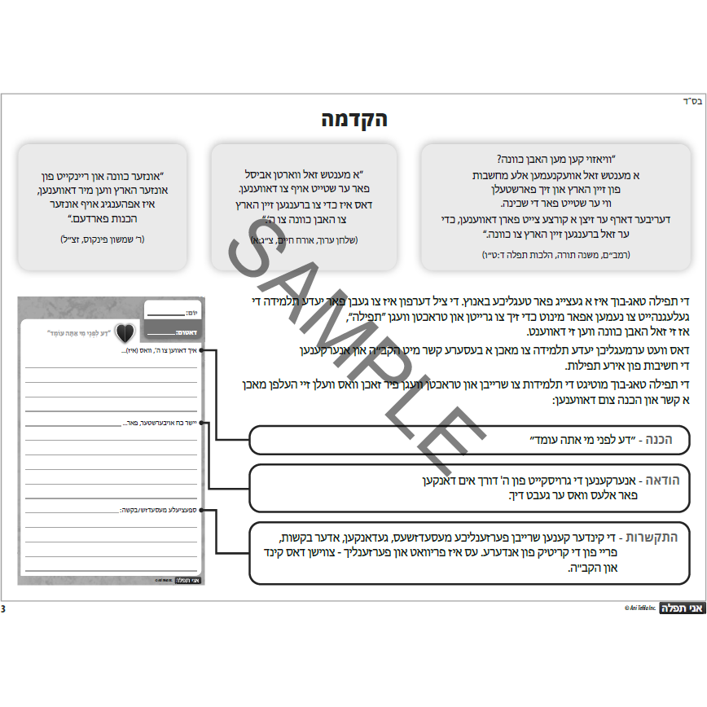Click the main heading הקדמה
353,119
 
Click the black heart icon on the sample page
125,332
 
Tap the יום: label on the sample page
191,313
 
